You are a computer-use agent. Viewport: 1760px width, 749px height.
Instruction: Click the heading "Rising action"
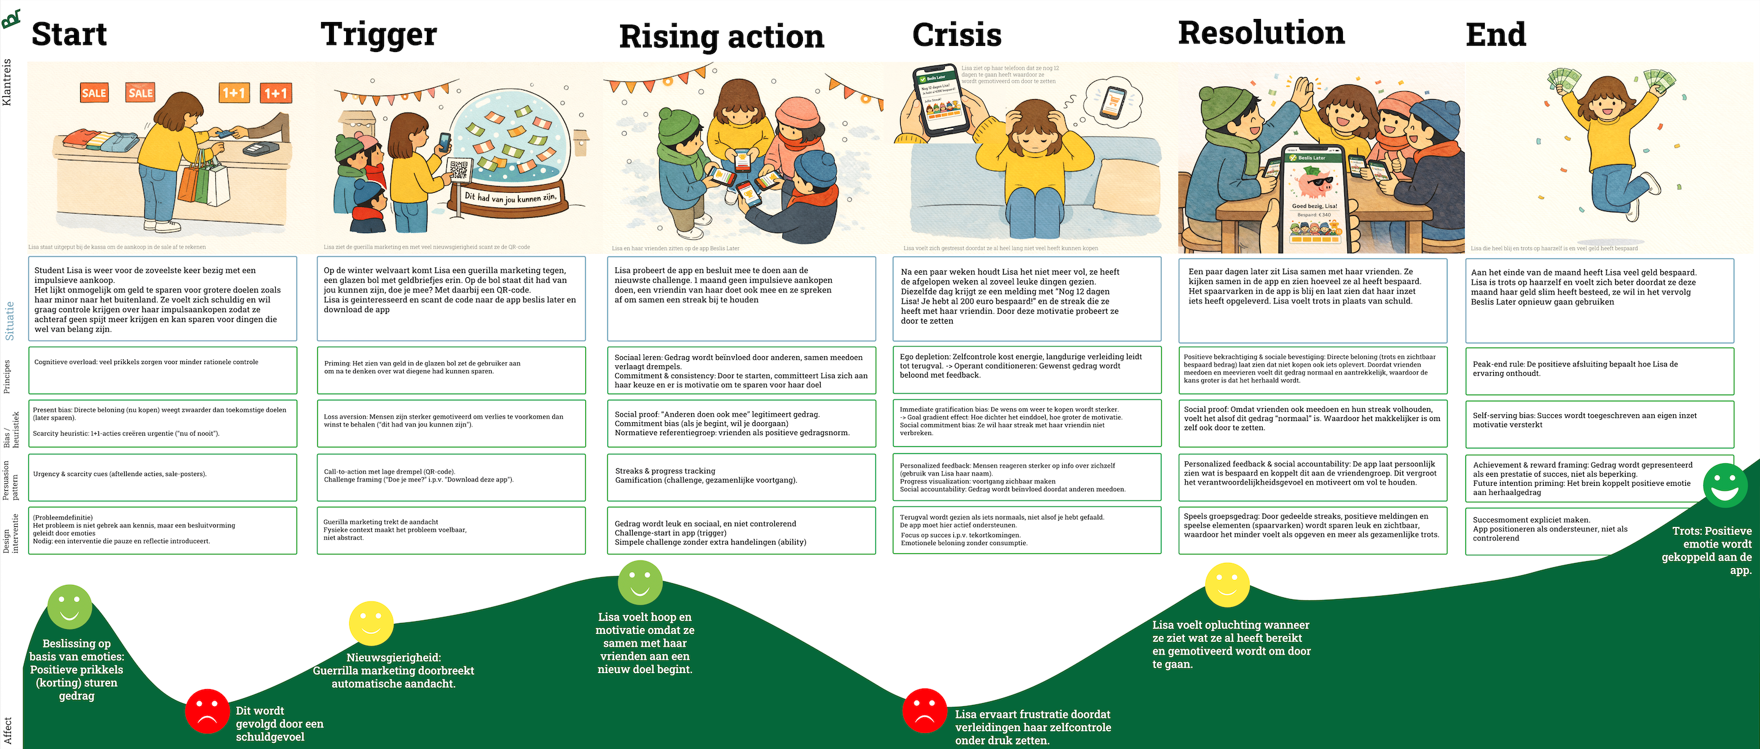click(x=722, y=36)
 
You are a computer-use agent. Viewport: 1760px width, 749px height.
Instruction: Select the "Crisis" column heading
click(x=956, y=35)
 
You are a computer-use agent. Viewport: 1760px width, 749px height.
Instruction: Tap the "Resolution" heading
click(x=1261, y=33)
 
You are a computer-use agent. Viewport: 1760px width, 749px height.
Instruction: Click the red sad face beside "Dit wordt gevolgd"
click(x=207, y=710)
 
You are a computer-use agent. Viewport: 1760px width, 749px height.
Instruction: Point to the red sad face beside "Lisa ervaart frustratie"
click(x=925, y=710)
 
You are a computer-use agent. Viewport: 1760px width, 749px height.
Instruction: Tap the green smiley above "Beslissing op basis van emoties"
click(x=70, y=606)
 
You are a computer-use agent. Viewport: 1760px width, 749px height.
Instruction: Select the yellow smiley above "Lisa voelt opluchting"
click(x=1227, y=585)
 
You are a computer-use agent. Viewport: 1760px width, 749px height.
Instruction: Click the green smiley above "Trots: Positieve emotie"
click(x=1725, y=485)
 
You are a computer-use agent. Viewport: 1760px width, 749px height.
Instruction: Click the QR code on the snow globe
click(x=459, y=169)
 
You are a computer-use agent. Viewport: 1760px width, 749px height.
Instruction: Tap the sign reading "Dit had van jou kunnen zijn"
click(x=511, y=198)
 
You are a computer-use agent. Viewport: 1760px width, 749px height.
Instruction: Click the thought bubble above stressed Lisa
click(x=1114, y=101)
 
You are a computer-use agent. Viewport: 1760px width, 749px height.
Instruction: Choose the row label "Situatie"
click(x=10, y=321)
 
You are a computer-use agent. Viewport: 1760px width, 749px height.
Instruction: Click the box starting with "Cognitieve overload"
click(x=162, y=370)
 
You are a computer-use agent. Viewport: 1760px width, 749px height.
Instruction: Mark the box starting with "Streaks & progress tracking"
click(x=741, y=476)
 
